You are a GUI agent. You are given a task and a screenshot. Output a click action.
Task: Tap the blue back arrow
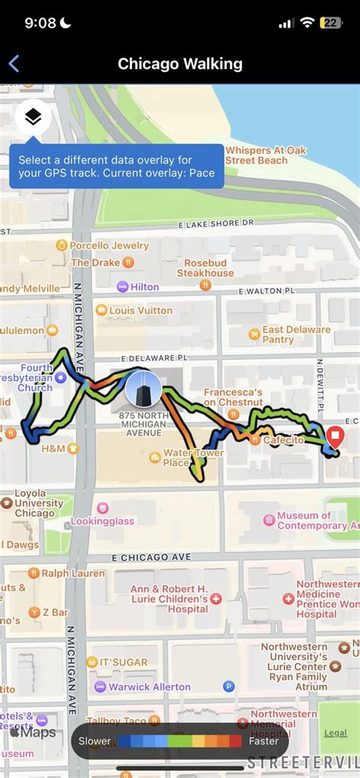pos(14,64)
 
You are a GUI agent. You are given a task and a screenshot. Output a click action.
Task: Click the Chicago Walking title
pos(180,64)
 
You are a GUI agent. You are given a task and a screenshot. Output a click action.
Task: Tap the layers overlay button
pos(33,117)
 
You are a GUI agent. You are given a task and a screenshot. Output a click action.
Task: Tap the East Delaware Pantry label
pos(295,335)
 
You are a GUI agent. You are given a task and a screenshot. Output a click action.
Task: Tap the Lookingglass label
pos(102,521)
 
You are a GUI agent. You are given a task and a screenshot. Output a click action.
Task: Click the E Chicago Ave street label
pos(151,557)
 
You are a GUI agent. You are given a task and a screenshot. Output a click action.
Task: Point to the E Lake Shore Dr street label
pos(216,224)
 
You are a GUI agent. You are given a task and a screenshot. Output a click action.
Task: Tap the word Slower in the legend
pos(94,741)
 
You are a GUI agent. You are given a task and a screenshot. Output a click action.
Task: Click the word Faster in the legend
pos(263,741)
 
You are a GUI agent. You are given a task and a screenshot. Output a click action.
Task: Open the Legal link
pos(335,732)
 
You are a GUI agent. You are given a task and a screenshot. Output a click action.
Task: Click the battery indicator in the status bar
pos(331,24)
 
